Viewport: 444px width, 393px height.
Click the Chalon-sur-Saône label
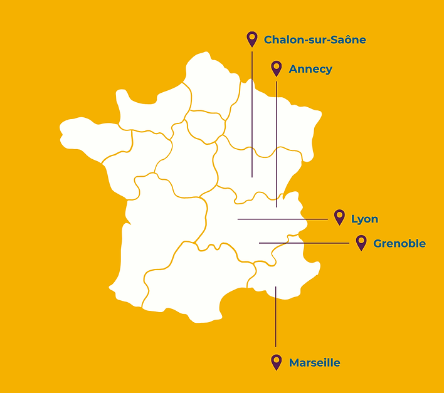(315, 40)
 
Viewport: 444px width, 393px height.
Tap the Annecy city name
(310, 69)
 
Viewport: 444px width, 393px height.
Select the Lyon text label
(364, 219)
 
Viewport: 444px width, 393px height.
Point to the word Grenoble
(399, 244)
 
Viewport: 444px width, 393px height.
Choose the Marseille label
(314, 363)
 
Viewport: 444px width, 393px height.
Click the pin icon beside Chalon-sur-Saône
(252, 39)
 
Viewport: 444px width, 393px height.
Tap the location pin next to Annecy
(277, 68)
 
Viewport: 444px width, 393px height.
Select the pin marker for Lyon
(339, 217)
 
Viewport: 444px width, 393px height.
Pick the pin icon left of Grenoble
(361, 242)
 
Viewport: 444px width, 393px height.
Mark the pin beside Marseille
(277, 362)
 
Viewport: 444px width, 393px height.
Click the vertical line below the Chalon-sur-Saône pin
(252, 113)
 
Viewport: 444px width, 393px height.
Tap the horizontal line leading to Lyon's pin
(282, 219)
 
